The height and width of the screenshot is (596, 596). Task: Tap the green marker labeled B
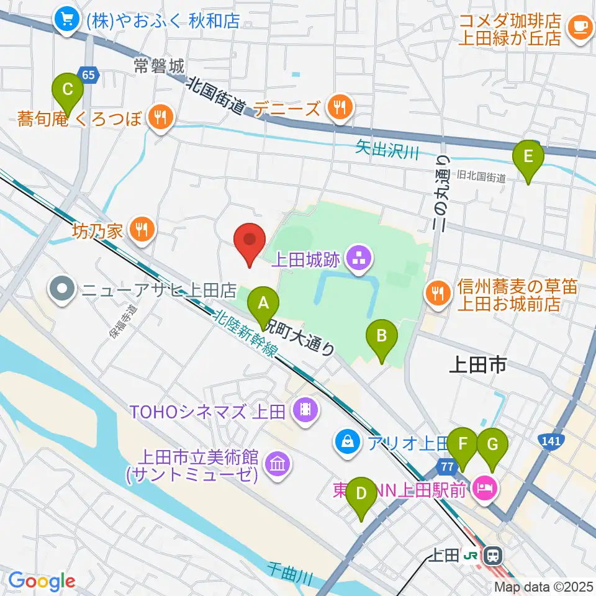point(382,336)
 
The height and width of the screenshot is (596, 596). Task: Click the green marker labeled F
point(462,445)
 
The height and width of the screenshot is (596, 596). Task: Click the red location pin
point(250,240)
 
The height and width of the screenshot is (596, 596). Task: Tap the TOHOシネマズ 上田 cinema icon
point(305,410)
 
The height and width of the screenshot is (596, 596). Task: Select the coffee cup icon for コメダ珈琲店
point(579,27)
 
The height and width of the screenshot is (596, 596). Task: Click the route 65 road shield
point(89,75)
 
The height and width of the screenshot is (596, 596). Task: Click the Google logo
point(42,581)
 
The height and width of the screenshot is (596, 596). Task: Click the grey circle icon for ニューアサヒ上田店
point(63,289)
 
